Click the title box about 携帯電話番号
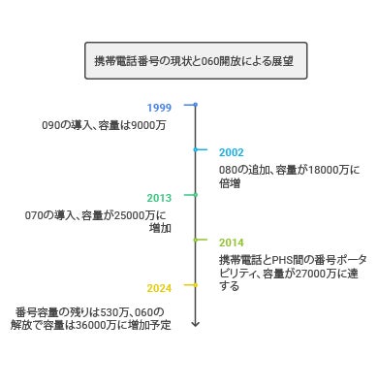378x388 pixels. (195, 60)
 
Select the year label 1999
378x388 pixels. (159, 108)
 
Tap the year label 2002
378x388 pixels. (232, 152)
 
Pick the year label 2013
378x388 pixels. (159, 198)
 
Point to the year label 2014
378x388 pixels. (232, 242)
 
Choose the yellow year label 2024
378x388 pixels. (159, 288)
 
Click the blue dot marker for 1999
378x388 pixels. (195, 105)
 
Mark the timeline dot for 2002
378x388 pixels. (195, 149)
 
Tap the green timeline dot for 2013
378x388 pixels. (195, 195)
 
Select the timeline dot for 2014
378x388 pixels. (195, 240)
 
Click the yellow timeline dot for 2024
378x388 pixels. (195, 285)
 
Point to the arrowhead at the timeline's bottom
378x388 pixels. (195, 324)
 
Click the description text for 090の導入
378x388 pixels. (104, 125)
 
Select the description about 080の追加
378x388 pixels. (275, 176)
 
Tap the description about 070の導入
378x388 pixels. (97, 221)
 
